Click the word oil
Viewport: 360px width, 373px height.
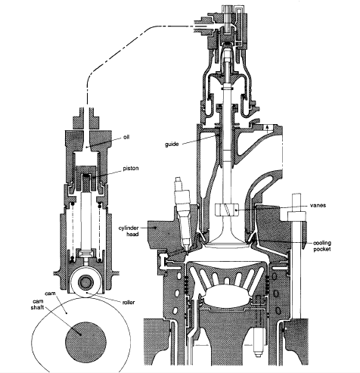(x=127, y=137)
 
